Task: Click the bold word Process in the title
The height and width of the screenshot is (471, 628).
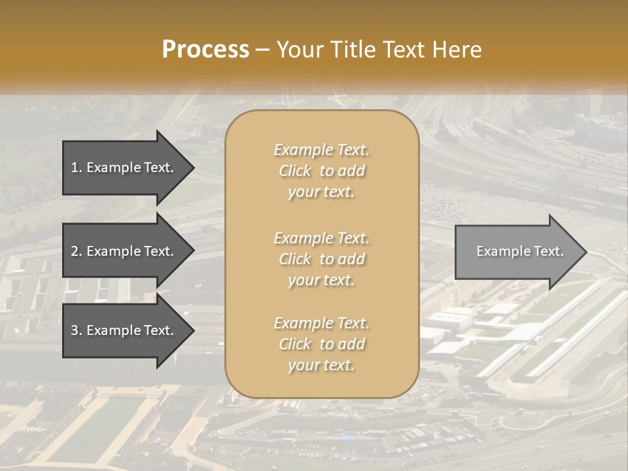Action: pos(205,50)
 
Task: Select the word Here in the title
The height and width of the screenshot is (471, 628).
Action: pos(456,50)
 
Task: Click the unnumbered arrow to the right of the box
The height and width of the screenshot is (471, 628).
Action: pos(517,251)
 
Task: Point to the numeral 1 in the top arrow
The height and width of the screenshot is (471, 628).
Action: pos(75,167)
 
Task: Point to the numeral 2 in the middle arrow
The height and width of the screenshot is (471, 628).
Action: pos(75,251)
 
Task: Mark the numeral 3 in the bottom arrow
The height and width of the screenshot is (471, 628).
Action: pos(75,330)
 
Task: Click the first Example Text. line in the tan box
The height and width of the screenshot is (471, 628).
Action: pos(321,150)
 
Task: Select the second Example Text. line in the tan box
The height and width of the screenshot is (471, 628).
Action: pos(321,238)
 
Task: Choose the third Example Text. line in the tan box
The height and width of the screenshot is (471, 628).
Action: pos(321,323)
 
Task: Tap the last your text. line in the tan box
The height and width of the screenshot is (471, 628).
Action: pos(321,366)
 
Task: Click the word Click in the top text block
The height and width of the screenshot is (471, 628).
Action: pos(295,171)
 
